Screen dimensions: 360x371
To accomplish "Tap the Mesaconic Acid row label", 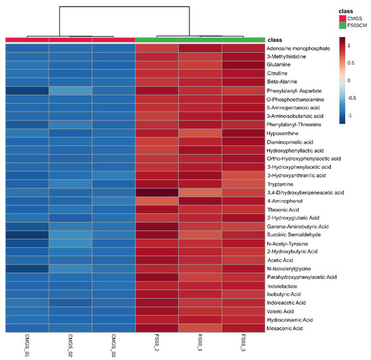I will pyautogui.click(x=289, y=327).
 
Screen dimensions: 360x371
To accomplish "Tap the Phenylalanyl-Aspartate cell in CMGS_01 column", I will pyautogui.click(x=28, y=91).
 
